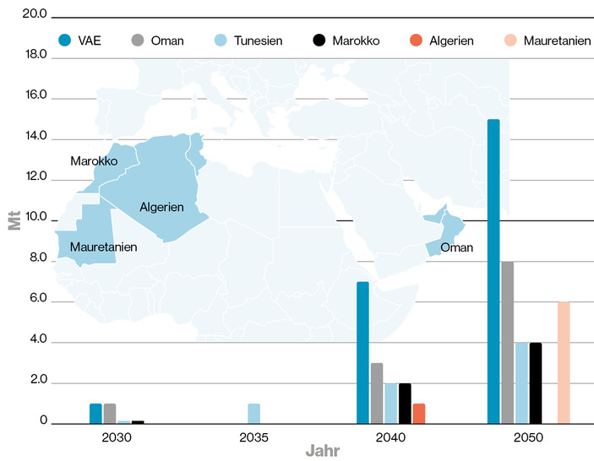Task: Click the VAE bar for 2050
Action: click(x=493, y=271)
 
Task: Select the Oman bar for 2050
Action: click(x=507, y=342)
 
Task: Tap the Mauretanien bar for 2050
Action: click(x=564, y=362)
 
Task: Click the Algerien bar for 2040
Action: click(x=419, y=413)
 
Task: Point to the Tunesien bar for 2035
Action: click(x=253, y=413)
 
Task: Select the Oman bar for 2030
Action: click(x=109, y=413)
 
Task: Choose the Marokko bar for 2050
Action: click(x=536, y=382)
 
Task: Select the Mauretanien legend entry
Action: click(x=548, y=40)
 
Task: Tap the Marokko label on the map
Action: click(x=93, y=160)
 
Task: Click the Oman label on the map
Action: click(x=457, y=247)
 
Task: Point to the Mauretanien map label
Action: click(x=103, y=247)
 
